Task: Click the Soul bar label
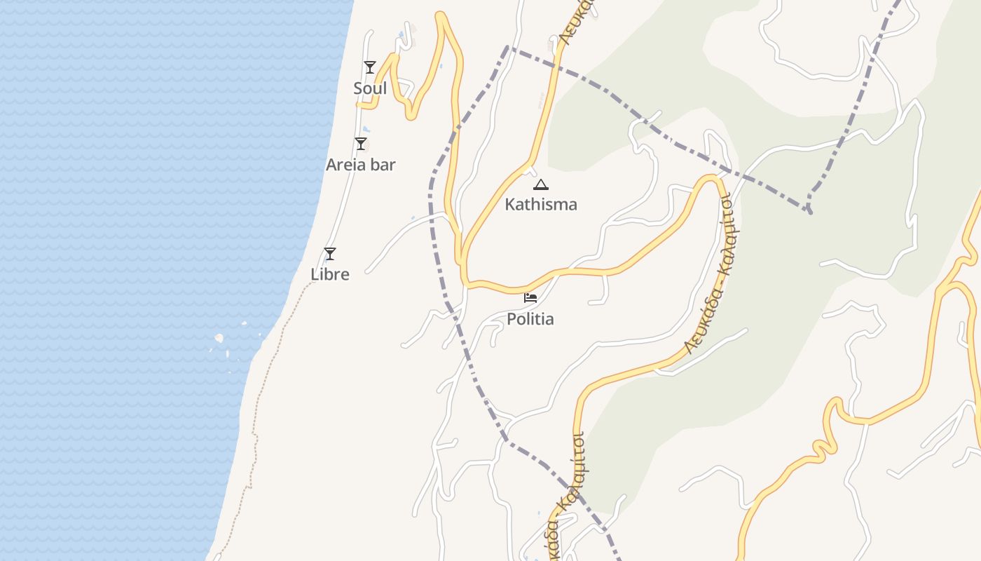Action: tap(370, 89)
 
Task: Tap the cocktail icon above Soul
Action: tap(370, 67)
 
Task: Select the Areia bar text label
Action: tap(361, 165)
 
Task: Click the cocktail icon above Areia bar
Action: tap(361, 144)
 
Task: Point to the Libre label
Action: tap(330, 274)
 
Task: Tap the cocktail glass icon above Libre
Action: tap(330, 254)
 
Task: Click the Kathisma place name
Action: tap(541, 204)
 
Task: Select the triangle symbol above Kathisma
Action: tap(540, 185)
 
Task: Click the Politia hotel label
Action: tap(530, 319)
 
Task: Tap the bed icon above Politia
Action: tap(530, 298)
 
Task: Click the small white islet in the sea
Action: tap(219, 338)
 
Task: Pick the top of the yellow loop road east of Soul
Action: tap(441, 15)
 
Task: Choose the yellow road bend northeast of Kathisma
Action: tap(713, 178)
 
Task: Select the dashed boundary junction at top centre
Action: tap(508, 48)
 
